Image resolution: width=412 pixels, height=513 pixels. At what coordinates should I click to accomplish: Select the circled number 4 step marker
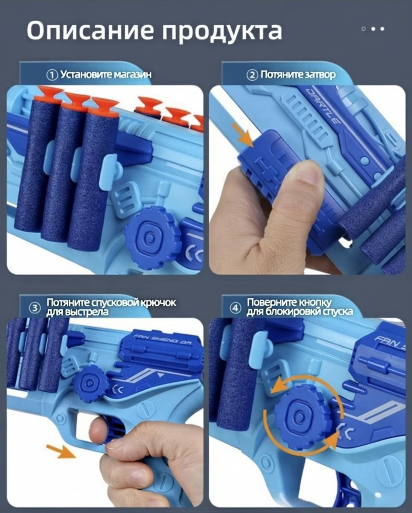[x=235, y=308]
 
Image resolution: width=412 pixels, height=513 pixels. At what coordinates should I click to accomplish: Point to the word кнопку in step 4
[x=315, y=303]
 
